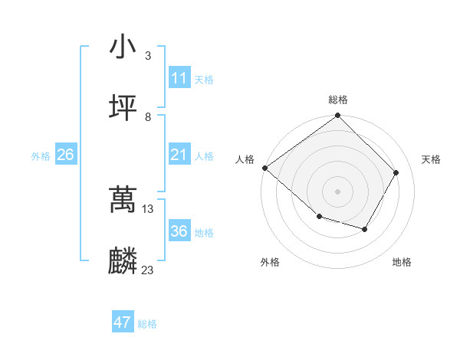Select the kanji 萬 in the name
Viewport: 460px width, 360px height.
[x=123, y=200]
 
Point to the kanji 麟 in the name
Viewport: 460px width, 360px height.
[x=123, y=261]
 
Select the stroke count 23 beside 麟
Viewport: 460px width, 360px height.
[x=148, y=270]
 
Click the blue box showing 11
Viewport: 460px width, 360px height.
[x=179, y=78]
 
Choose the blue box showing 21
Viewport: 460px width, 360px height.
[x=179, y=155]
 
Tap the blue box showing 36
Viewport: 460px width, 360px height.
[x=179, y=231]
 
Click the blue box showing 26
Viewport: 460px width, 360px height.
[x=65, y=155]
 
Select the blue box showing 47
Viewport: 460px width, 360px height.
[x=123, y=322]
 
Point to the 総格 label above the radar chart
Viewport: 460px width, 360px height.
[x=338, y=100]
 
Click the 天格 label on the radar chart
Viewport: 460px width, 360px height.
[x=431, y=159]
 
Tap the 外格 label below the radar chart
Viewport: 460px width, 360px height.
[x=270, y=262]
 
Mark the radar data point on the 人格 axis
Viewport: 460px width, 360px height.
[x=264, y=168]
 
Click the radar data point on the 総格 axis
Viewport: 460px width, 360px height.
[x=338, y=116]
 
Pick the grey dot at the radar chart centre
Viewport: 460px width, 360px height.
[x=338, y=191]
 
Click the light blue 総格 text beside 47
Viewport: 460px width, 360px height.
[x=147, y=324]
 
